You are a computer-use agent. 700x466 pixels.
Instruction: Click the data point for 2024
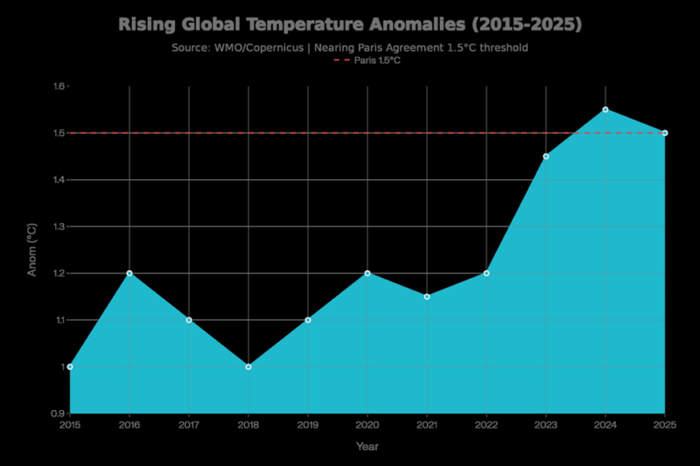pos(605,109)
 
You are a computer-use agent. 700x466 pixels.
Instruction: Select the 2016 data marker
pos(129,273)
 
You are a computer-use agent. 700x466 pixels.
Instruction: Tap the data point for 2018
pos(248,366)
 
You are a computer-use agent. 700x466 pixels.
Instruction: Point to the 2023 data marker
pos(546,156)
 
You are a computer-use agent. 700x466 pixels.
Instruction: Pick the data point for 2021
pos(427,296)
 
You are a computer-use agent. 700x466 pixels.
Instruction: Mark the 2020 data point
pos(367,273)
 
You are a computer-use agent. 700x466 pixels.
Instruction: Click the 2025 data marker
pos(665,133)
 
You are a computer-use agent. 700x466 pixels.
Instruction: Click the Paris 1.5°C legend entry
pos(373,60)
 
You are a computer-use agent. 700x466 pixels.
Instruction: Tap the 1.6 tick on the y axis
pos(59,87)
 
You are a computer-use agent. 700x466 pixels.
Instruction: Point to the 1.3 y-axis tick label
pos(59,226)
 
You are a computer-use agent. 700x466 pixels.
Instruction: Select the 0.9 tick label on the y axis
pos(59,413)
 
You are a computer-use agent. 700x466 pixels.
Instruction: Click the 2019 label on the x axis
pos(308,425)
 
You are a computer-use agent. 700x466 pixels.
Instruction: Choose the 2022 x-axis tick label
pos(486,425)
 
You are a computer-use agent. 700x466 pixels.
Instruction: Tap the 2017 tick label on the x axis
pos(189,425)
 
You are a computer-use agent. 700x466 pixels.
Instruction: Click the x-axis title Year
pos(367,447)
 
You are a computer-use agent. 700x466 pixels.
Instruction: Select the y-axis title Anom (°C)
pos(32,249)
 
